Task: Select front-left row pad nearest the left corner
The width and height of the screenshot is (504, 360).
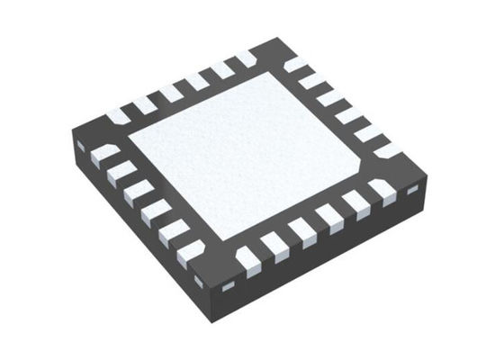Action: pyautogui.click(x=104, y=153)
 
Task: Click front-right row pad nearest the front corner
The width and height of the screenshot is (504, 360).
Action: pyautogui.click(x=247, y=261)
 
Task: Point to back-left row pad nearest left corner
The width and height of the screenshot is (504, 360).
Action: pyautogui.click(x=118, y=115)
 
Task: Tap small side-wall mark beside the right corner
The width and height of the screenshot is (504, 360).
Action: pyautogui.click(x=413, y=191)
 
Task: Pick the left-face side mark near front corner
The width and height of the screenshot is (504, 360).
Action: pyautogui.click(x=199, y=282)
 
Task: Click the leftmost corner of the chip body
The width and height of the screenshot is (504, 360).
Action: pyautogui.click(x=73, y=135)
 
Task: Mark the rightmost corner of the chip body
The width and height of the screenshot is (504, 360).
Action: pyautogui.click(x=427, y=175)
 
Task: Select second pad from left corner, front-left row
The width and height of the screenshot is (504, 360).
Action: pyautogui.click(x=121, y=172)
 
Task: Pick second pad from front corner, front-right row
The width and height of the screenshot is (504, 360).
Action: pyautogui.click(x=274, y=247)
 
